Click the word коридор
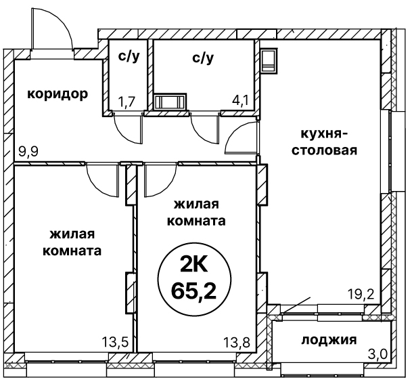58,94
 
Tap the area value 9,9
28,152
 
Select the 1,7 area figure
127,102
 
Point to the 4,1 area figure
240,100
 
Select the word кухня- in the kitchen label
324,134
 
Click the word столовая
324,151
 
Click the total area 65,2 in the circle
194,291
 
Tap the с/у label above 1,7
129,56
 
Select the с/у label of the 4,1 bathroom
203,58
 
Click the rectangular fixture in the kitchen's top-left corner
269,60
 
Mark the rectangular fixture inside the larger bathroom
170,102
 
